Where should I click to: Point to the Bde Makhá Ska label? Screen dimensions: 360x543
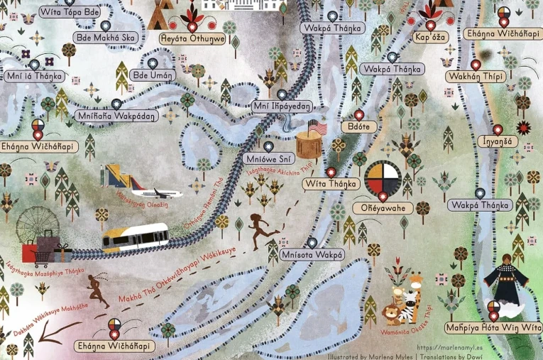105,38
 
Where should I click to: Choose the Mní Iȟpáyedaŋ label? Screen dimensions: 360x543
283,107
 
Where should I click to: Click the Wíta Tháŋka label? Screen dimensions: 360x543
329,184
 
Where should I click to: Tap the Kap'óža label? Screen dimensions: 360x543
431,38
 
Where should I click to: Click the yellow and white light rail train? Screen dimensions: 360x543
135,238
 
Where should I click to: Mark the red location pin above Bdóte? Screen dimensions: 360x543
358,114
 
